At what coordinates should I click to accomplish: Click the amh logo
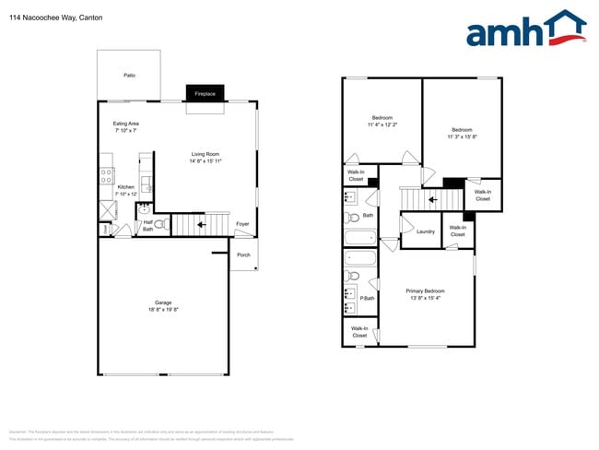point(526,30)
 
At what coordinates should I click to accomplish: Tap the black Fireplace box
point(205,93)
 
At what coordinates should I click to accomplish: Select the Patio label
point(130,75)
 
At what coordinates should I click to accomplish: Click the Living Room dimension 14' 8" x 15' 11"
point(206,161)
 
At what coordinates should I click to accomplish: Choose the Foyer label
point(242,224)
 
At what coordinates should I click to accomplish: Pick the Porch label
point(243,255)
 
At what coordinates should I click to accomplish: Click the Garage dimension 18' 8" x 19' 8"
point(163,311)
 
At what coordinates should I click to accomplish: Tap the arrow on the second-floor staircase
point(430,197)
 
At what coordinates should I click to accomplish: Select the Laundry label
point(426,231)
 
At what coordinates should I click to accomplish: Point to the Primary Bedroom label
point(426,292)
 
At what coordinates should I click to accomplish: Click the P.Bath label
point(367,298)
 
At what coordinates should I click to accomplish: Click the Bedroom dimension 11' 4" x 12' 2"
point(382,124)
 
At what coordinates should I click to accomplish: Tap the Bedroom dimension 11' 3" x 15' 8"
point(462,136)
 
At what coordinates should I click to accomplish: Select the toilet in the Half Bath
point(159,223)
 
